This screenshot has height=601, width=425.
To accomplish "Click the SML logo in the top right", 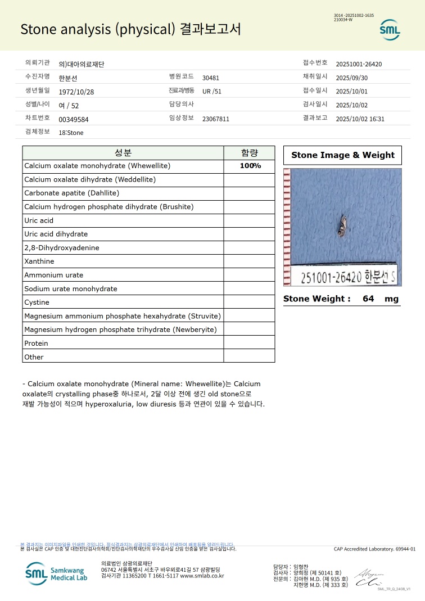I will [x=389, y=29].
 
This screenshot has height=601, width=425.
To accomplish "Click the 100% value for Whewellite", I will [x=250, y=166].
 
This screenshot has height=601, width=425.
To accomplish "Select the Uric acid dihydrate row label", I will [x=56, y=234].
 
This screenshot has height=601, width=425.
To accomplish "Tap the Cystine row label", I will [x=37, y=302].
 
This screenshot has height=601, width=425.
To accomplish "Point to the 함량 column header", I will [x=250, y=153].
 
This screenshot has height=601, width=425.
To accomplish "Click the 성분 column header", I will [x=123, y=153].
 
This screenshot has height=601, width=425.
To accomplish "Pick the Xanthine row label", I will [x=39, y=261].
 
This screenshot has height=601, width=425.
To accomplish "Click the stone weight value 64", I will [x=368, y=299].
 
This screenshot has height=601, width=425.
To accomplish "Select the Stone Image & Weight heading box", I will [x=342, y=155].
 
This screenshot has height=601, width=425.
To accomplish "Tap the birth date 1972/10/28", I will [x=76, y=92].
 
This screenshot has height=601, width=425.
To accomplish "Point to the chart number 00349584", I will [x=74, y=119].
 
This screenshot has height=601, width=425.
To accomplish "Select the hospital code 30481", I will [x=211, y=78].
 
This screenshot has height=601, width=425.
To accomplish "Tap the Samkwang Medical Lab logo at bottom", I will [x=56, y=573].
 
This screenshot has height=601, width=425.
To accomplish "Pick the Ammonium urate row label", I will [x=54, y=275].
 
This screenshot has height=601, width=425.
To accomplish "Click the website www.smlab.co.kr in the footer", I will [x=202, y=576].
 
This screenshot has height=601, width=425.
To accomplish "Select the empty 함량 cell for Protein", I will [x=250, y=343].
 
